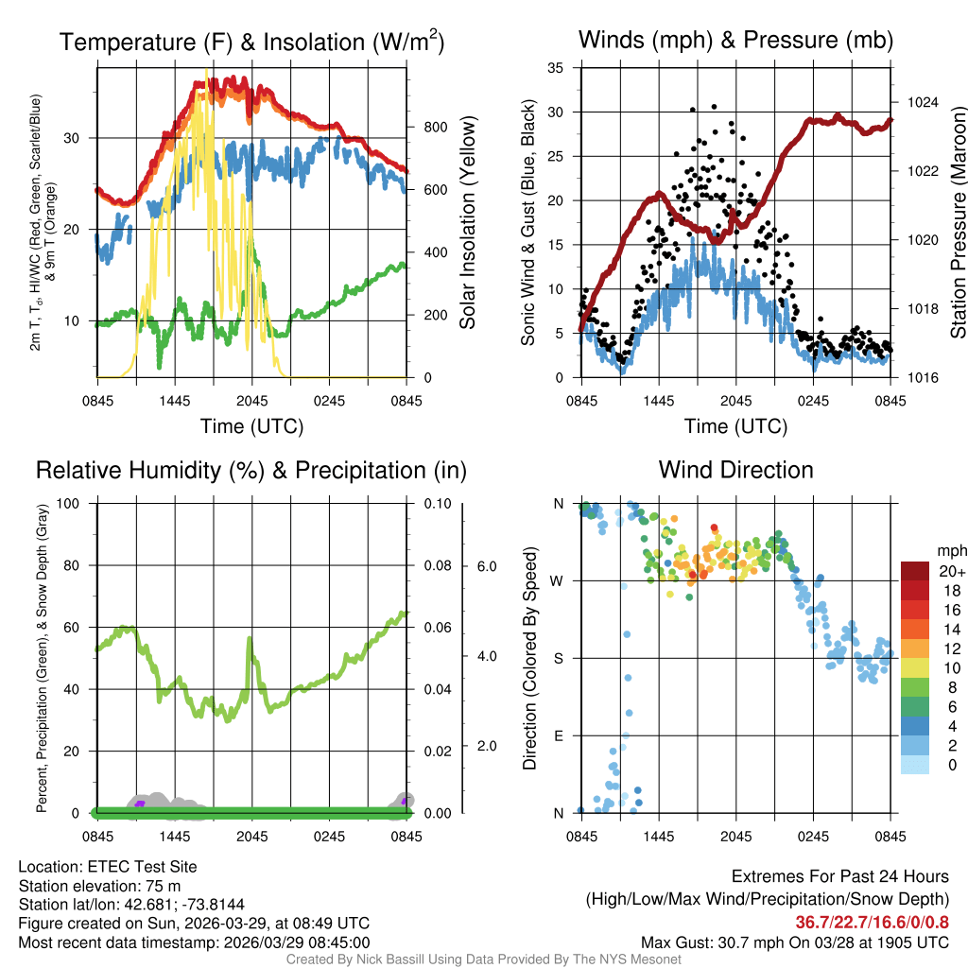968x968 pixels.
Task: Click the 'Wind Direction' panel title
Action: (735, 470)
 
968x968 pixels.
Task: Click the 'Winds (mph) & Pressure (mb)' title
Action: (735, 40)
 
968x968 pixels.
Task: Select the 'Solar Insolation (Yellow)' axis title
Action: (468, 222)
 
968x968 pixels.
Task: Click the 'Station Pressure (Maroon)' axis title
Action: (958, 222)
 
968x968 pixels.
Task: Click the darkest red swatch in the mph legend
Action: (917, 571)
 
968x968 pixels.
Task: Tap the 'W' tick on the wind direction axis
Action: (558, 580)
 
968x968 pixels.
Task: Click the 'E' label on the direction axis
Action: (559, 735)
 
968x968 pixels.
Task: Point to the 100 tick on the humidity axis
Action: (78, 504)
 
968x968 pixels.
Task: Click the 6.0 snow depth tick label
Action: (485, 566)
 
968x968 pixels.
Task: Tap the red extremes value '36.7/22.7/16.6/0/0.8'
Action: (872, 923)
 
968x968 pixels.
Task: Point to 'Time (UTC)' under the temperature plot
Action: (251, 426)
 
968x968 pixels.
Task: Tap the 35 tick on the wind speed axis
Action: (556, 68)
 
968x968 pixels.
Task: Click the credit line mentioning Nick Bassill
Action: (483, 959)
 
